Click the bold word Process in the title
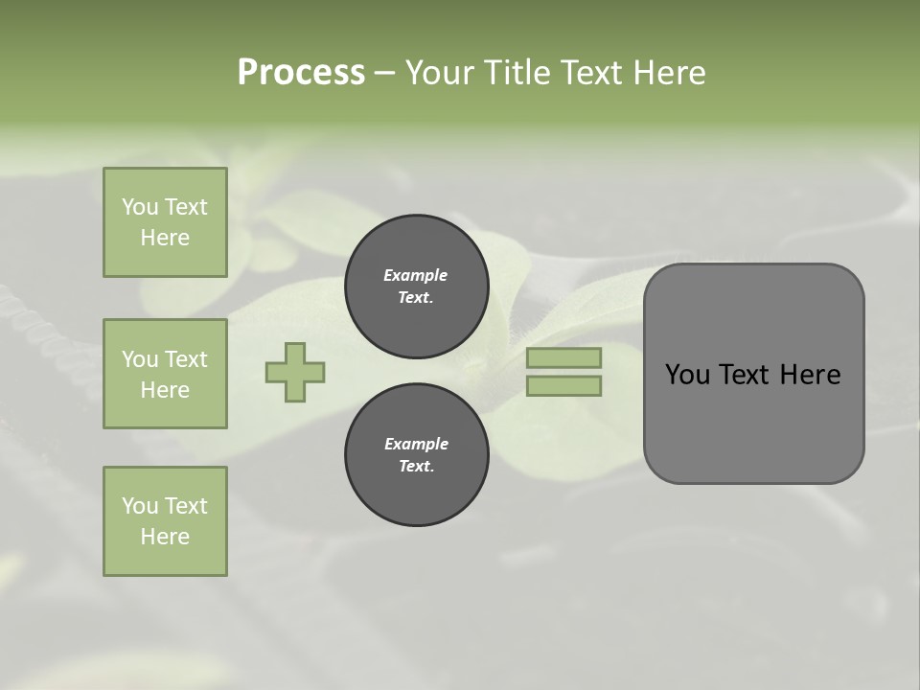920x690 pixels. tap(301, 72)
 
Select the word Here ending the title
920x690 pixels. tap(668, 72)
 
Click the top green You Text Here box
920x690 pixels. tap(165, 222)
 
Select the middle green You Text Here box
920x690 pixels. tap(165, 374)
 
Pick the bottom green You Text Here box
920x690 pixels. tap(165, 521)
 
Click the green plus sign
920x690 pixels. tap(295, 372)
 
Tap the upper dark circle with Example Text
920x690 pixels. tap(416, 287)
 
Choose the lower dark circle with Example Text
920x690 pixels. tap(416, 455)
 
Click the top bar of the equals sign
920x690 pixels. tap(563, 357)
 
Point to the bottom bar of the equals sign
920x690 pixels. tap(563, 385)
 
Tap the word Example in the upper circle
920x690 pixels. tap(416, 275)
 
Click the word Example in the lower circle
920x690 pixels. tap(416, 444)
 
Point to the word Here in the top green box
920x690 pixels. tap(165, 238)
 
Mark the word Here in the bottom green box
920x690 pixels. tap(165, 537)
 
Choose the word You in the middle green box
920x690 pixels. tap(139, 359)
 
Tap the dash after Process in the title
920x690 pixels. tap(384, 73)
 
